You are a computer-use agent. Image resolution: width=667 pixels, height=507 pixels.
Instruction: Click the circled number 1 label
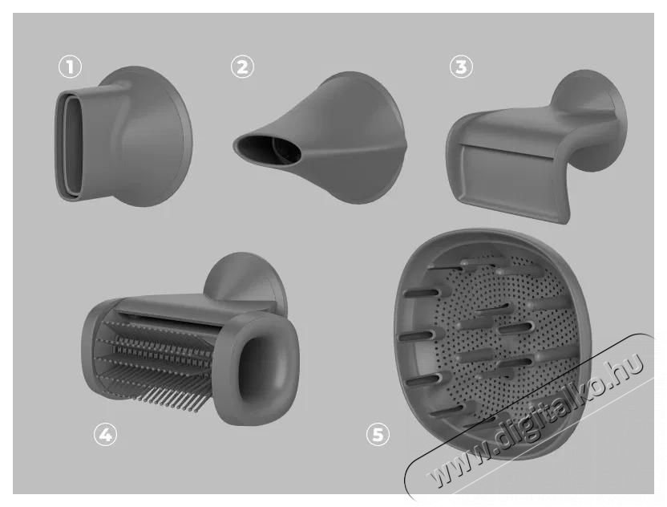(x=71, y=67)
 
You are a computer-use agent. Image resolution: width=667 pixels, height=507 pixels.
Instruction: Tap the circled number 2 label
(x=242, y=67)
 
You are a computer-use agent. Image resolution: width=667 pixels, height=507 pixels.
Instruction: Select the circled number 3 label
(x=461, y=67)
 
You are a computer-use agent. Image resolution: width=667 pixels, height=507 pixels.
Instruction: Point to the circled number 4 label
(x=105, y=435)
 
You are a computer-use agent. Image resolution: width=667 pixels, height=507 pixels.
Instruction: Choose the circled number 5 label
(x=378, y=435)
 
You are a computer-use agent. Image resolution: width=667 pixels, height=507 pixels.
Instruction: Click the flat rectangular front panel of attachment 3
(x=506, y=176)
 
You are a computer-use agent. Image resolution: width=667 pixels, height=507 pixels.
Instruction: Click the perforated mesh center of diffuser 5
(x=502, y=336)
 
